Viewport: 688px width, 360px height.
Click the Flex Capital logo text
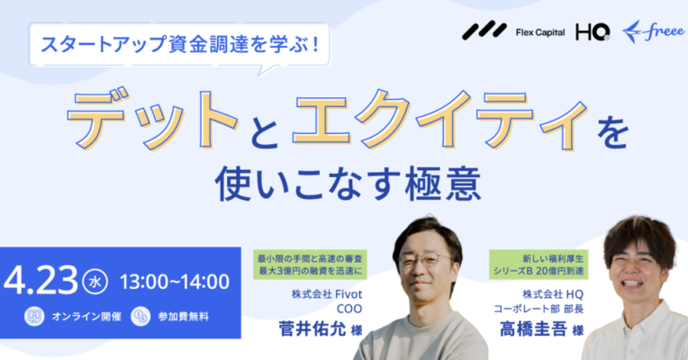(x=540, y=32)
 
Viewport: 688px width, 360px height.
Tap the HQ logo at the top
(x=593, y=32)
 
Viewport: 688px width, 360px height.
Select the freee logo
(x=653, y=32)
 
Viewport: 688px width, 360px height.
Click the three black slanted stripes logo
(x=484, y=31)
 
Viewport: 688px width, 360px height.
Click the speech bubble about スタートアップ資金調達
(x=179, y=46)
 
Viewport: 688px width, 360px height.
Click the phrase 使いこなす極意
(x=348, y=184)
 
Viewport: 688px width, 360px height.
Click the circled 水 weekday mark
(x=95, y=282)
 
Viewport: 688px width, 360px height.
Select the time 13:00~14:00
(x=175, y=282)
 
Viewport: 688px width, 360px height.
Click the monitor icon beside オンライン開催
(x=34, y=316)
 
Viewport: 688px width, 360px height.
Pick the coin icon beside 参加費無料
(x=140, y=316)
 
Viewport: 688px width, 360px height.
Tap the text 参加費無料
(x=184, y=317)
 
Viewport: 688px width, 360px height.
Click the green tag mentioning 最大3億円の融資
(x=310, y=265)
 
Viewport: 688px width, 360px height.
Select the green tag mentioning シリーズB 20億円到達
(x=539, y=265)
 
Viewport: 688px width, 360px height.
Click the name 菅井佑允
(x=312, y=328)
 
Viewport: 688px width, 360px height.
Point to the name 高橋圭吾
(x=533, y=328)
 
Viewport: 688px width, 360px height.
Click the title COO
(x=349, y=309)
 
